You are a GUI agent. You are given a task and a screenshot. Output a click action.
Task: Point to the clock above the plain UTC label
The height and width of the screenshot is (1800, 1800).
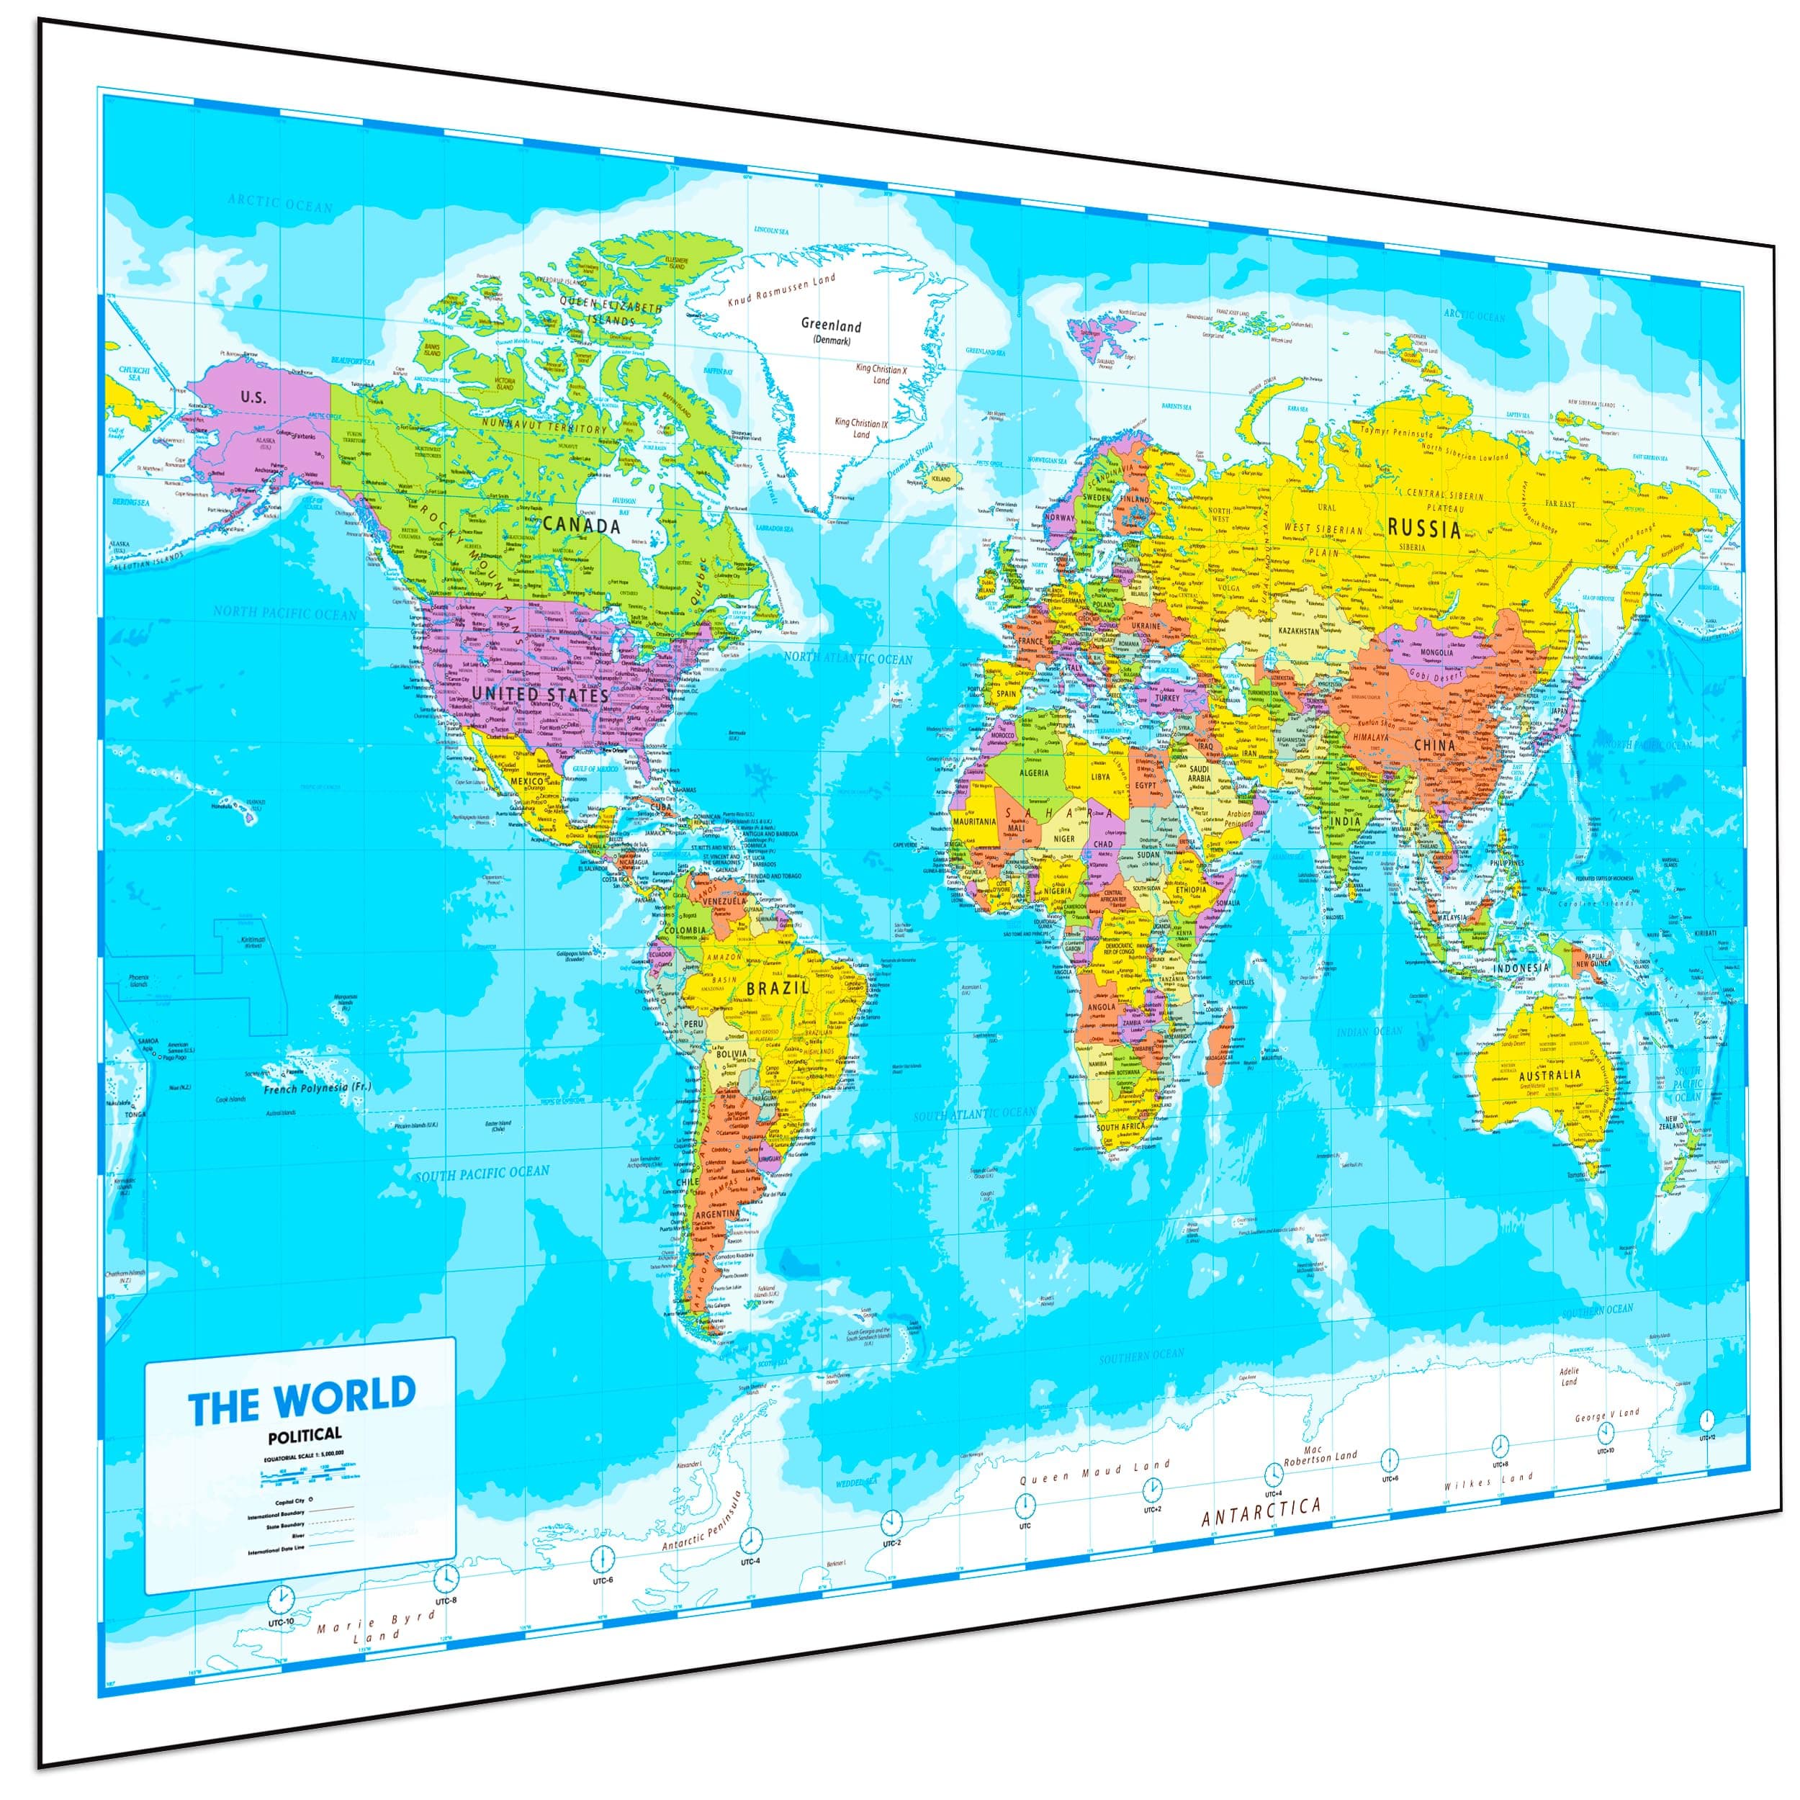click(1025, 1504)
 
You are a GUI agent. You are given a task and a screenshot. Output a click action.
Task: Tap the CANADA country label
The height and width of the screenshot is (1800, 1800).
click(581, 526)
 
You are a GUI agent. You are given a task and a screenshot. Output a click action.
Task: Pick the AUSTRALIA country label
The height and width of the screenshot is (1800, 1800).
click(1549, 1074)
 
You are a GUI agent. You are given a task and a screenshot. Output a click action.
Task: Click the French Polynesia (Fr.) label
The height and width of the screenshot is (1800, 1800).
click(317, 1087)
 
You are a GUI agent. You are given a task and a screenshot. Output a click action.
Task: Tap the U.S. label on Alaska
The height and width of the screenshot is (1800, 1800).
click(253, 397)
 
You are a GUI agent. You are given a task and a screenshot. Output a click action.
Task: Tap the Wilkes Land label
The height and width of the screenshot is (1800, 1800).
click(1488, 1480)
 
